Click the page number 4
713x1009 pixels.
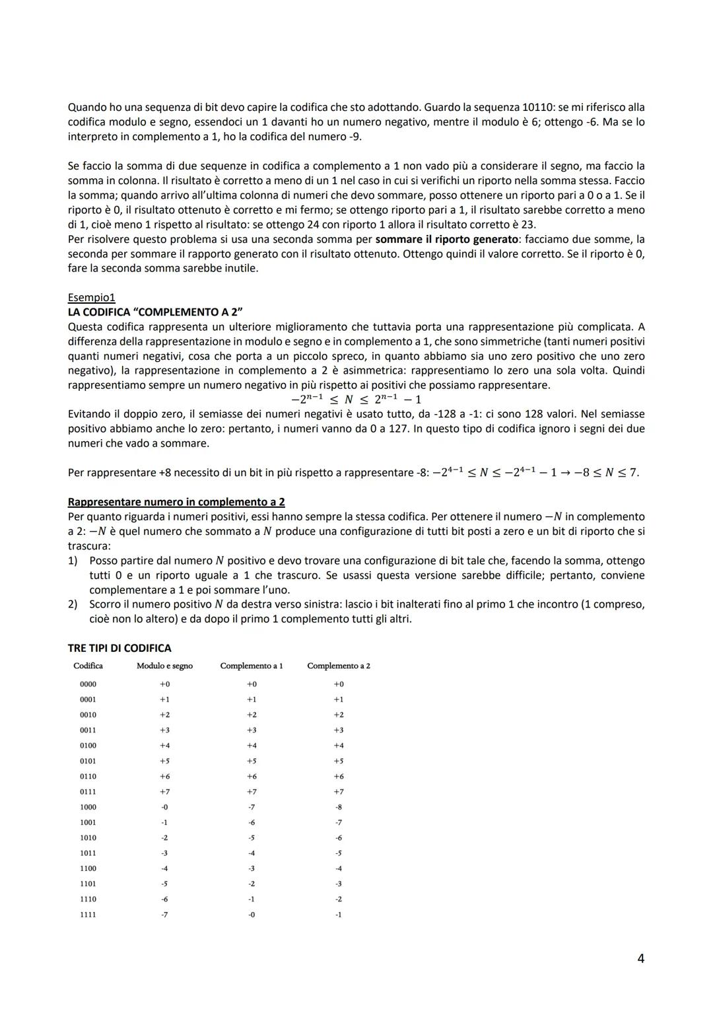pos(640,958)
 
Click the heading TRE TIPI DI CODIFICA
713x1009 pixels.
pos(119,648)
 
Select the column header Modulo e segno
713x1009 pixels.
pos(164,666)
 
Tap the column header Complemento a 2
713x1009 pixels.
pos(338,666)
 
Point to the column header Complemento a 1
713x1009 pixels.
pos(251,666)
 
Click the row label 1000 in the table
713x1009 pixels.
pos(88,807)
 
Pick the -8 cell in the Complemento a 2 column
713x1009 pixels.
pos(338,807)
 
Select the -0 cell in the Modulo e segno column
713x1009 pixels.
pos(164,807)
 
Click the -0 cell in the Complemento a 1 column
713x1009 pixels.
pos(252,915)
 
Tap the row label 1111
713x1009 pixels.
pos(88,915)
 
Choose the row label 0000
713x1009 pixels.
pos(88,684)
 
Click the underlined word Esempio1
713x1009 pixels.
pos(91,297)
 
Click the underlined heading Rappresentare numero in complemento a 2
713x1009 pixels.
pos(176,502)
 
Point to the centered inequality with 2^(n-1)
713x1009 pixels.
pos(356,400)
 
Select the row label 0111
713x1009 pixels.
pos(88,792)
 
